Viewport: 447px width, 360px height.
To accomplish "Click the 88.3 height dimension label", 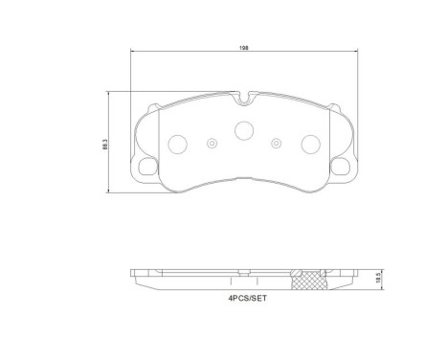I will coord(104,144).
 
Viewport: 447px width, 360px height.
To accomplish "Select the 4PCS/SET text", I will coord(242,299).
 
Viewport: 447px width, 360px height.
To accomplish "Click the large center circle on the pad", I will coord(243,130).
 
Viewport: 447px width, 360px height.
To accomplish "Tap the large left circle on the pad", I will coord(177,144).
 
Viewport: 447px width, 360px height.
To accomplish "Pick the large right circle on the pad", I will coord(309,144).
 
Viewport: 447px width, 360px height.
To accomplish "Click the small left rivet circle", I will coord(211,144).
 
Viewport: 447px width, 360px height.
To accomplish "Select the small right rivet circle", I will coord(277,144).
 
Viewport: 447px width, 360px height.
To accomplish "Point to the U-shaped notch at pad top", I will coord(243,98).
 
